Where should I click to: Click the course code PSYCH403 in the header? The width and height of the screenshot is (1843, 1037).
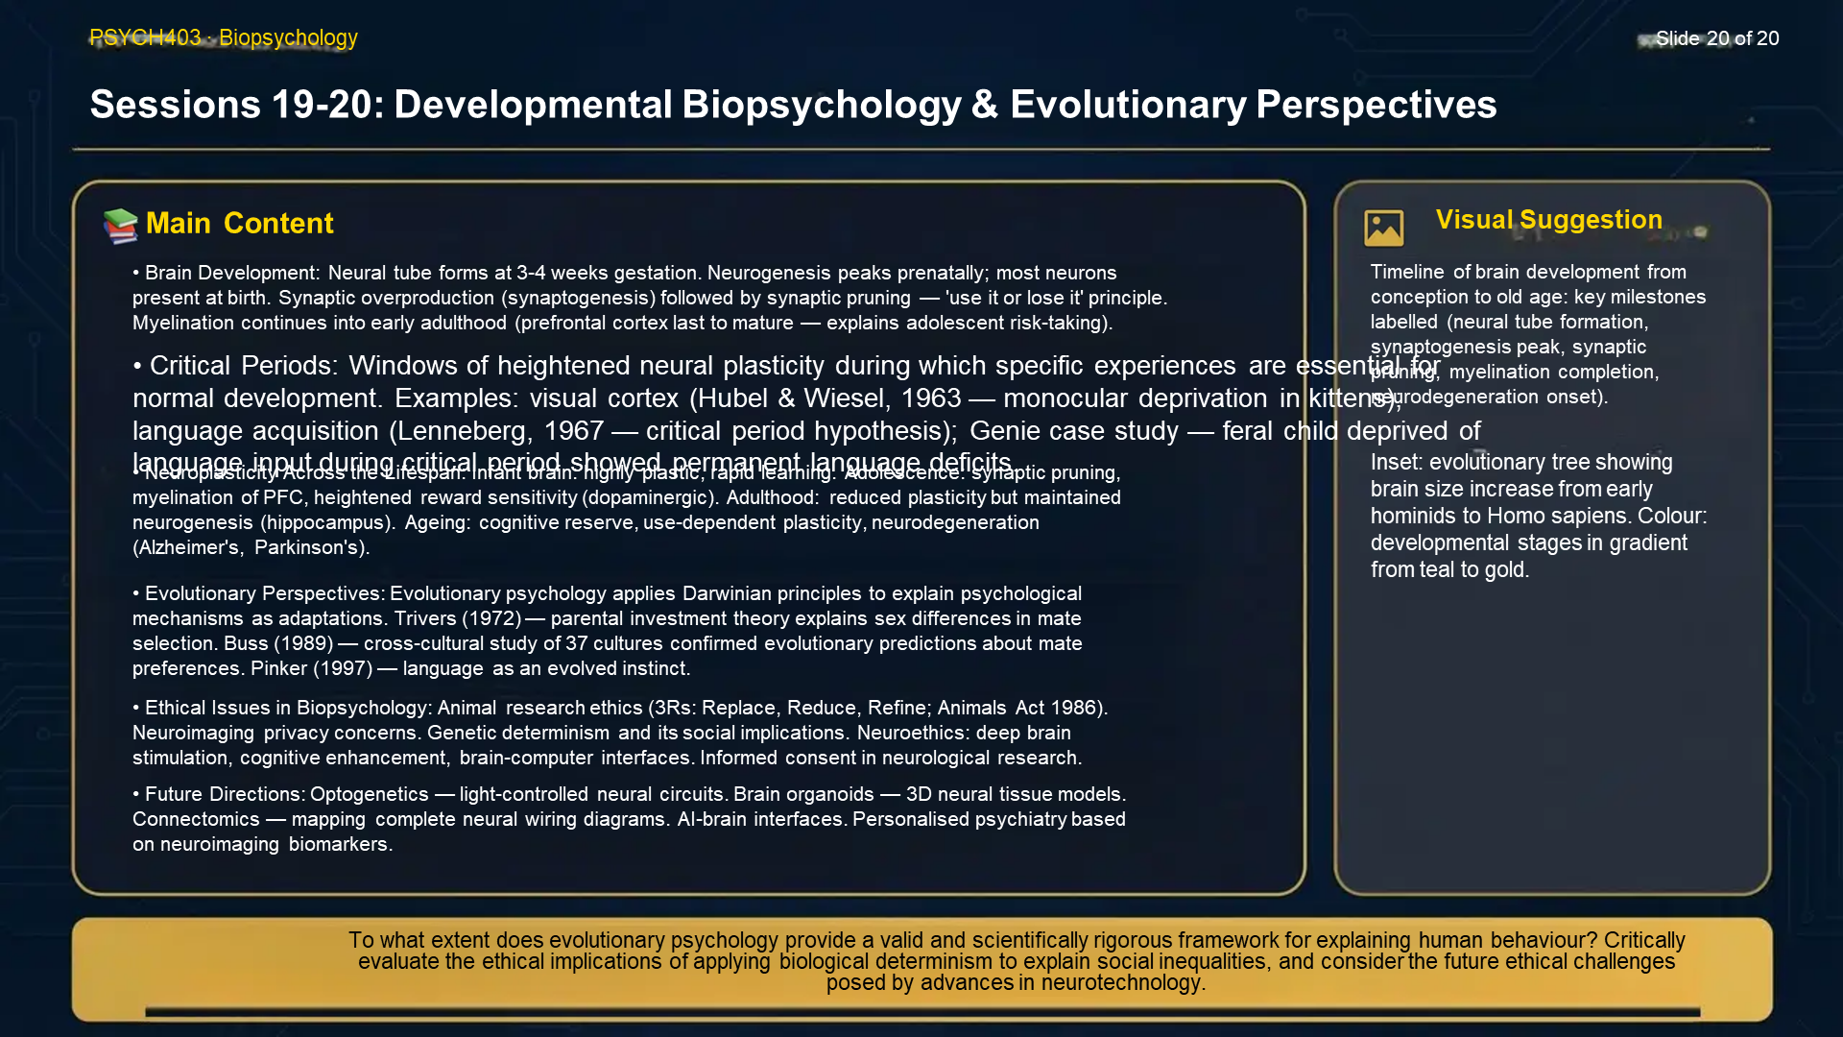point(145,37)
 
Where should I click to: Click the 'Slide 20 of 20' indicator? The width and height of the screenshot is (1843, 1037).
point(1716,38)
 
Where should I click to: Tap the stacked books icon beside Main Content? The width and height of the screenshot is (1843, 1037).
point(121,225)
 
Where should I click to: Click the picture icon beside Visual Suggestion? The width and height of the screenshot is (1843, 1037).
point(1383,228)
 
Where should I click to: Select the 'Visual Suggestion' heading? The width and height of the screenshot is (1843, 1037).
point(1548,220)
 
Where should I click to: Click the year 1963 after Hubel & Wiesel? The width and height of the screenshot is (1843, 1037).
point(931,398)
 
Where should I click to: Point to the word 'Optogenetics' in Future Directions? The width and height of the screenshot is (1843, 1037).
point(369,795)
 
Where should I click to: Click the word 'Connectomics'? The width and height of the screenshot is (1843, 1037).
point(196,820)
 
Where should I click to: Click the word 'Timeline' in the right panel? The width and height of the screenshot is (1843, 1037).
point(1406,273)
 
